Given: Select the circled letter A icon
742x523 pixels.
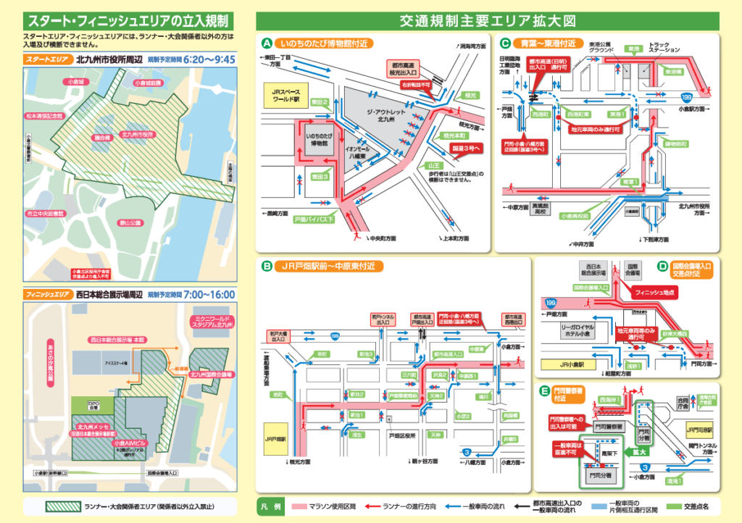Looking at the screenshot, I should pyautogui.click(x=267, y=43).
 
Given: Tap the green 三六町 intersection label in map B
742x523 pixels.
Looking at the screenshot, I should pyautogui.click(x=409, y=375).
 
